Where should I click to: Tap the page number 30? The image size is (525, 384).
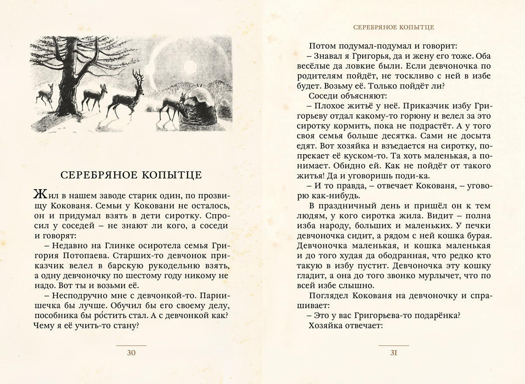point(131,353)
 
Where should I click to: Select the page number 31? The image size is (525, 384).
point(393,353)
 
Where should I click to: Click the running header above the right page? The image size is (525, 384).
point(394,27)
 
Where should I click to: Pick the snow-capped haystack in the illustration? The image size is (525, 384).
point(199,109)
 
